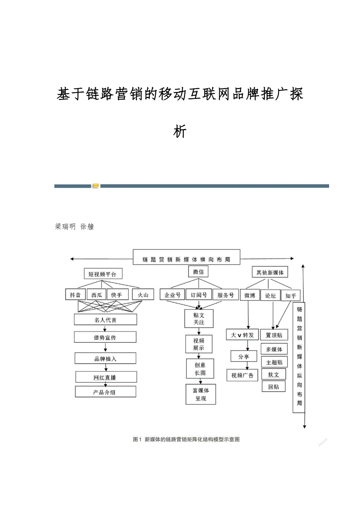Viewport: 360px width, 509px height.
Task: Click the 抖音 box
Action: click(75, 295)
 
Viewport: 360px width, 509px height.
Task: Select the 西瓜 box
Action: click(96, 295)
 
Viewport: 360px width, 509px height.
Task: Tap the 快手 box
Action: click(117, 295)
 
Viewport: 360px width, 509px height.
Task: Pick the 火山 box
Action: click(142, 295)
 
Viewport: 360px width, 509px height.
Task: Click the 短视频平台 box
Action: click(102, 274)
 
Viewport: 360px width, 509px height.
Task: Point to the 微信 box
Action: click(198, 272)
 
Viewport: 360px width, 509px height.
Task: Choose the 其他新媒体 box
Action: click(270, 272)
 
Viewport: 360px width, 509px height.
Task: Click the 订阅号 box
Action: click(198, 295)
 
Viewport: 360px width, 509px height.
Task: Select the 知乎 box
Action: click(291, 296)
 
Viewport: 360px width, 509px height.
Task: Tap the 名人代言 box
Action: click(105, 320)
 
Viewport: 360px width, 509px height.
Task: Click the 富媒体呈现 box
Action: click(201, 394)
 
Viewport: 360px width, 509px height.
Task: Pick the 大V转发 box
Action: click(243, 335)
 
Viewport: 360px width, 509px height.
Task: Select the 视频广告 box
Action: click(242, 375)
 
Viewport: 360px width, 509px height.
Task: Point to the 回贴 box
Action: click(274, 387)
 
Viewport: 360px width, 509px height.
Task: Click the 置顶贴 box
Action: click(274, 335)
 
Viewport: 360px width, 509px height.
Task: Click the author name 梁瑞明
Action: click(65, 227)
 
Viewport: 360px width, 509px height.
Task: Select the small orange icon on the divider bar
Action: click(95, 186)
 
